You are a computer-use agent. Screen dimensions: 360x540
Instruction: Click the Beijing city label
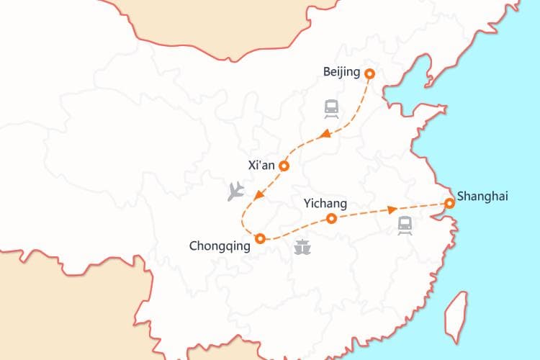pyautogui.click(x=343, y=73)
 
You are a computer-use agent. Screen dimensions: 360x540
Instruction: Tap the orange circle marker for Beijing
pyautogui.click(x=370, y=73)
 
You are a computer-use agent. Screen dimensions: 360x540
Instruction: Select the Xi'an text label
pyautogui.click(x=261, y=165)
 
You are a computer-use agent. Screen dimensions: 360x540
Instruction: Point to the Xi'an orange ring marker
pyautogui.click(x=284, y=166)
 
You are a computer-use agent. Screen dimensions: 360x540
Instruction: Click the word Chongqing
pyautogui.click(x=220, y=246)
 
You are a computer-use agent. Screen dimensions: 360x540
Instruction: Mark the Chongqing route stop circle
pyautogui.click(x=260, y=238)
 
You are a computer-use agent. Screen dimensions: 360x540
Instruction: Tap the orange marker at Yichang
pyautogui.click(x=331, y=218)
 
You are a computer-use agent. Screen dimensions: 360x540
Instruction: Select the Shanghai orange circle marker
pyautogui.click(x=449, y=204)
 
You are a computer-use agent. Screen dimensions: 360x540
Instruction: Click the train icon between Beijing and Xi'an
pyautogui.click(x=331, y=109)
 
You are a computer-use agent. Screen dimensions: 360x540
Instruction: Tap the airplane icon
pyautogui.click(x=235, y=191)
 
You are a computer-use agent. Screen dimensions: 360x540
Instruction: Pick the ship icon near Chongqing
pyautogui.click(x=303, y=247)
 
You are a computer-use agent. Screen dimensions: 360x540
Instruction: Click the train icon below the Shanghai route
pyautogui.click(x=405, y=225)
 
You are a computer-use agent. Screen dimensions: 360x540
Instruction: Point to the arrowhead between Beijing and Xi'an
pyautogui.click(x=325, y=134)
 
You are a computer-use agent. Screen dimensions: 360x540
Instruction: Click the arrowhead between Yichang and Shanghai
pyautogui.click(x=392, y=210)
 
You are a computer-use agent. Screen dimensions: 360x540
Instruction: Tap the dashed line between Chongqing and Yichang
pyautogui.click(x=295, y=228)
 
